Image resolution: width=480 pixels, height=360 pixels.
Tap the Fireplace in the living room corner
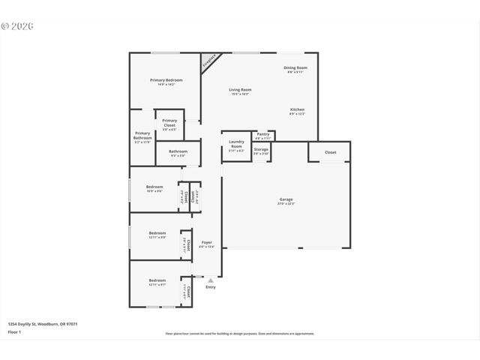pos(211,62)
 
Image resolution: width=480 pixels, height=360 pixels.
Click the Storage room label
pos(260,151)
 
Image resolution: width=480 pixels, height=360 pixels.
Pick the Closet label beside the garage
pos(330,152)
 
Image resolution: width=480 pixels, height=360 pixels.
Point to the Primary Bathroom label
pos(142,136)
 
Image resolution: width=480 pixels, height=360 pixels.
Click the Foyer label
pos(206,244)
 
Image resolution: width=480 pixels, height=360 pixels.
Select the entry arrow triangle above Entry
pos(211,280)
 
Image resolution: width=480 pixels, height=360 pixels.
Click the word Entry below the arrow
pos(211,287)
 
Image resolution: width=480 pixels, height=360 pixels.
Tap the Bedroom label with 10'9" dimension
pos(154,188)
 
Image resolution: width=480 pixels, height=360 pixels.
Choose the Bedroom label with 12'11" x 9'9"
pos(157,235)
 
